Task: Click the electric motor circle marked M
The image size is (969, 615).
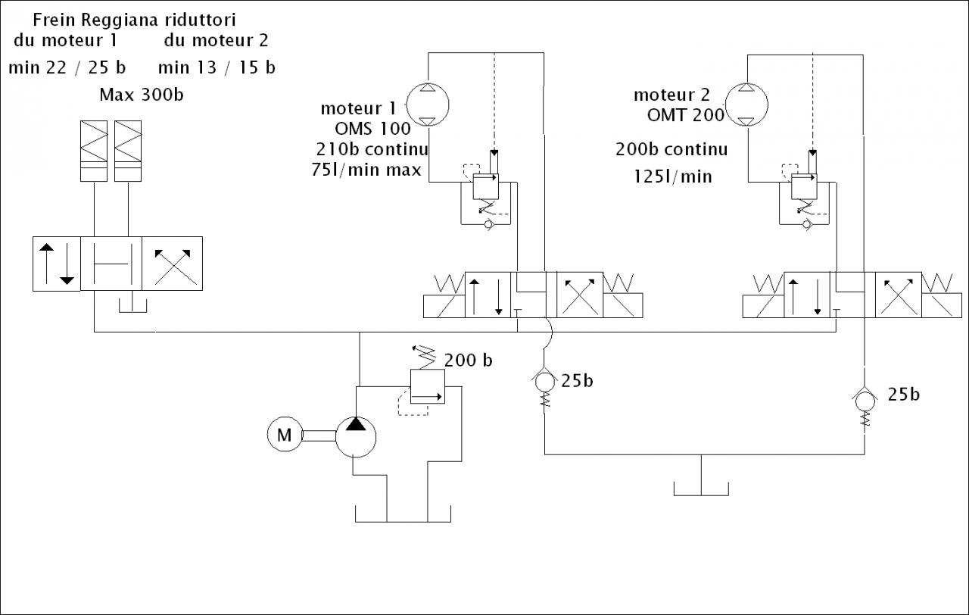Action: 285,435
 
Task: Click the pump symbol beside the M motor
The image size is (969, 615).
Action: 356,435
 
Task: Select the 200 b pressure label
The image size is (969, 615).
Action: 468,360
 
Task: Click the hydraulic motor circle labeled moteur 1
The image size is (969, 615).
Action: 428,104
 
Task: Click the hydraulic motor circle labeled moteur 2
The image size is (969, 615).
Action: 746,104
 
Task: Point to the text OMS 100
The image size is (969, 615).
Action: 372,128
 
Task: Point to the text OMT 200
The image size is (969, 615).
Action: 686,115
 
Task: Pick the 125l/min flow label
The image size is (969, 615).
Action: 673,176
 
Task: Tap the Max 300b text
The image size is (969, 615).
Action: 142,95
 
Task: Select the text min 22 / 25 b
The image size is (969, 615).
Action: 67,67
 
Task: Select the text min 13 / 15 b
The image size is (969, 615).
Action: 217,67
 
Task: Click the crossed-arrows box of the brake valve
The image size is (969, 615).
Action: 173,263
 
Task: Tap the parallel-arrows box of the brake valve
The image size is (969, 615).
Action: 57,263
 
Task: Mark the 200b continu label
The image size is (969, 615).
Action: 671,149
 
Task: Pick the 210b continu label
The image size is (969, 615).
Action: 372,148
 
